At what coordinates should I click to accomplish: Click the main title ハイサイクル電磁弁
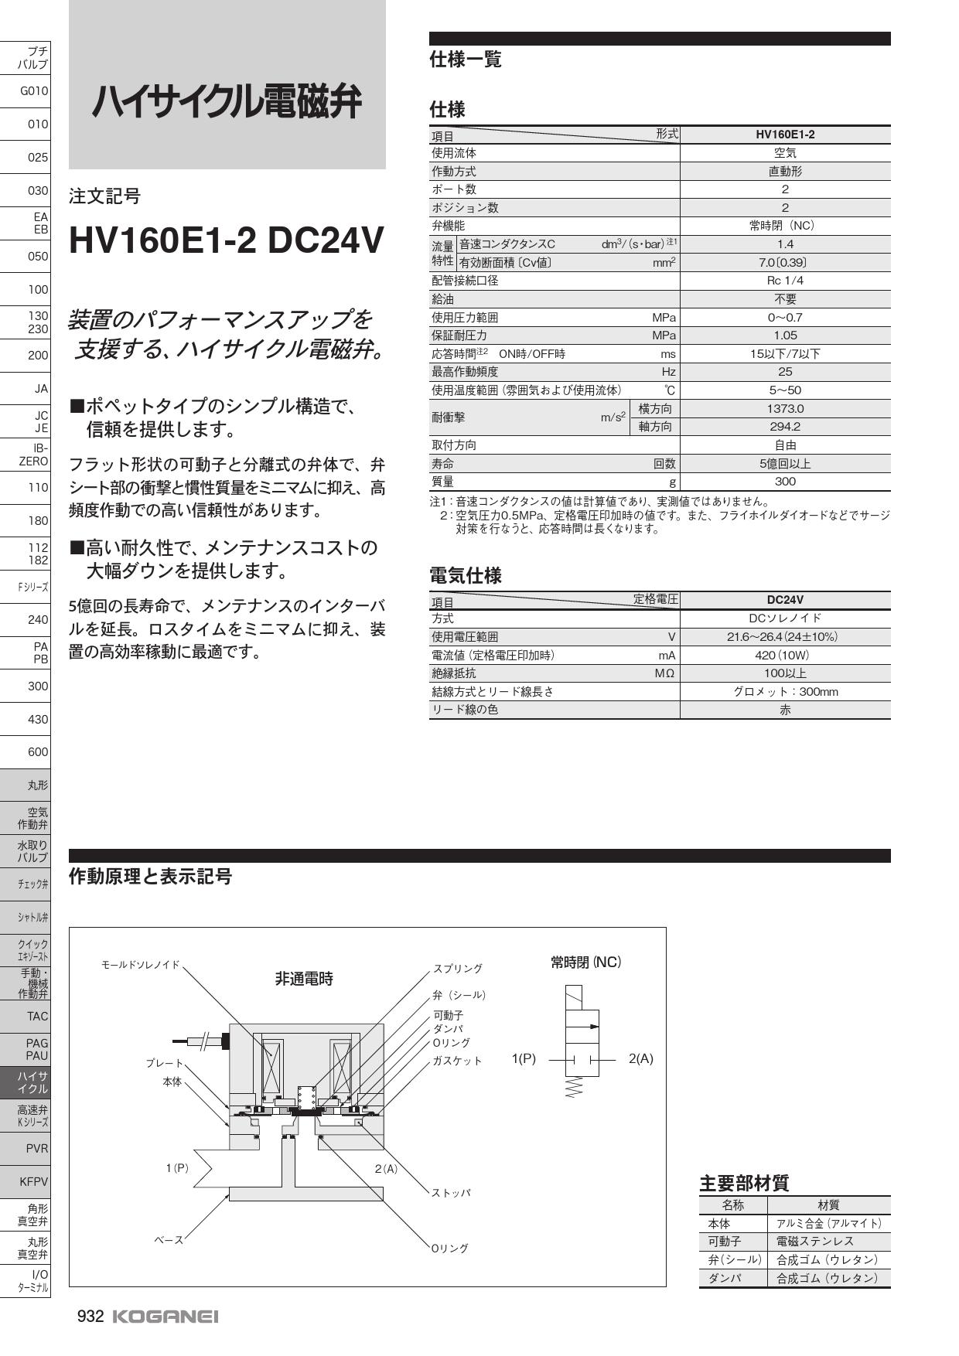(227, 103)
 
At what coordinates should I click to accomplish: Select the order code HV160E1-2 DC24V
(226, 240)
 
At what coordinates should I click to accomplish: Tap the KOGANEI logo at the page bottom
(166, 1317)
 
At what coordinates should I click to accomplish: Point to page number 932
(90, 1317)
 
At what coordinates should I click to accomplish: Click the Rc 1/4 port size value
(785, 281)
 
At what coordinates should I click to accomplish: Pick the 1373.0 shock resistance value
(785, 408)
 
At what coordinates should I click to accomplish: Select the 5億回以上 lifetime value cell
(785, 464)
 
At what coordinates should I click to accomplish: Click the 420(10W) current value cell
(785, 656)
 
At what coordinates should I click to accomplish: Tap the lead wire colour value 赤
(785, 710)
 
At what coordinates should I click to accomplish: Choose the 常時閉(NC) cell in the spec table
(785, 226)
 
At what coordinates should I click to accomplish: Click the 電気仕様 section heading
(466, 575)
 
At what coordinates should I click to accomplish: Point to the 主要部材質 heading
(744, 1183)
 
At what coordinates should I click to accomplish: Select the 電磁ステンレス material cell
(815, 1242)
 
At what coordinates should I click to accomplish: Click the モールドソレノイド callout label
(141, 965)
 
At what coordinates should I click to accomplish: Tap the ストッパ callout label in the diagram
(452, 1193)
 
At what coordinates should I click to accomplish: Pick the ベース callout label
(169, 1240)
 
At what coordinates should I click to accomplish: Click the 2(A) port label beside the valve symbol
(641, 1059)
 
